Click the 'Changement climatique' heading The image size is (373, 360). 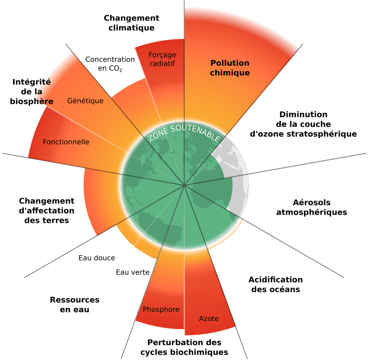[132, 23]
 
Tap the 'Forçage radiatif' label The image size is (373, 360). [162, 59]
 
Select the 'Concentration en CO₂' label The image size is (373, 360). [110, 64]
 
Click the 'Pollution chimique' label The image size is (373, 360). [230, 68]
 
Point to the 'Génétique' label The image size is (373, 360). [85, 101]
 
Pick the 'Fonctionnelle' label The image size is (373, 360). [66, 142]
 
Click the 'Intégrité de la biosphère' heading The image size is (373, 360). [32, 92]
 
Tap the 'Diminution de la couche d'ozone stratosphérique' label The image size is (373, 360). [304, 124]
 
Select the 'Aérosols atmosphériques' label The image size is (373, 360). [312, 207]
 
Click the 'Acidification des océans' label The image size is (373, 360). [276, 284]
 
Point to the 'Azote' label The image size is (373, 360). [209, 319]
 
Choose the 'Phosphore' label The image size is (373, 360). [161, 309]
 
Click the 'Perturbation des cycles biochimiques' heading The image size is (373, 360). [184, 347]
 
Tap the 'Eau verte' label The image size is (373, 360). [133, 272]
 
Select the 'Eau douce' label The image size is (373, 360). [97, 258]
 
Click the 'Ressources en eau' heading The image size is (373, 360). [75, 305]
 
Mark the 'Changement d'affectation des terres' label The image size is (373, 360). [47, 210]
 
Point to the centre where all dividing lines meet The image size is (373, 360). [184, 185]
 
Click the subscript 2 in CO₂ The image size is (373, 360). [121, 70]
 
